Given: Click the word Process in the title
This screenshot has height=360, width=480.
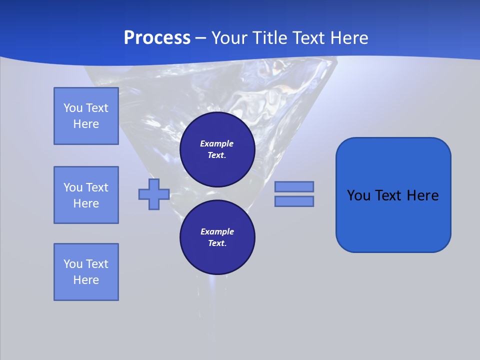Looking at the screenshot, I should point(157,38).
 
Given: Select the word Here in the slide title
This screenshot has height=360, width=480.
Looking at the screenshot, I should point(348,38).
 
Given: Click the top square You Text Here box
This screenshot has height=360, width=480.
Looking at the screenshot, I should point(86,116).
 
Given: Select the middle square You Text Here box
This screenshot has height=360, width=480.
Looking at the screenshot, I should point(86,195).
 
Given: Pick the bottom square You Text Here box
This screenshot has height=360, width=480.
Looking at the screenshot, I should point(86,272).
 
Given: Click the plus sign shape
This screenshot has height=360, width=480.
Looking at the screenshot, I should point(154,194).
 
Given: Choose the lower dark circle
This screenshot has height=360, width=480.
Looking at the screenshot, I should point(217,237).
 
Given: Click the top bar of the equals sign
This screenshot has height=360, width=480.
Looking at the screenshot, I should point(294,186).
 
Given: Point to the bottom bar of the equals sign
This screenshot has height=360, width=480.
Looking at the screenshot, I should point(294,201).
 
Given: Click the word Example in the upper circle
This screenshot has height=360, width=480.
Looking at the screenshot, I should point(217,143).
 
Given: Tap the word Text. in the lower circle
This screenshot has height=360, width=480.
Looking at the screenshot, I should point(217,243).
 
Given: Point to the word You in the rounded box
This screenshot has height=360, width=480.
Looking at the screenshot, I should point(358,195).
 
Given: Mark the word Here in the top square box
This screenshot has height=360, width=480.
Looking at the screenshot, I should point(86,124).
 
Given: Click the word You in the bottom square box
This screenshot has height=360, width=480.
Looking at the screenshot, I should point(73,264).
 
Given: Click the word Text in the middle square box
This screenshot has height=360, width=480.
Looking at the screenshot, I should point(96,187).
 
